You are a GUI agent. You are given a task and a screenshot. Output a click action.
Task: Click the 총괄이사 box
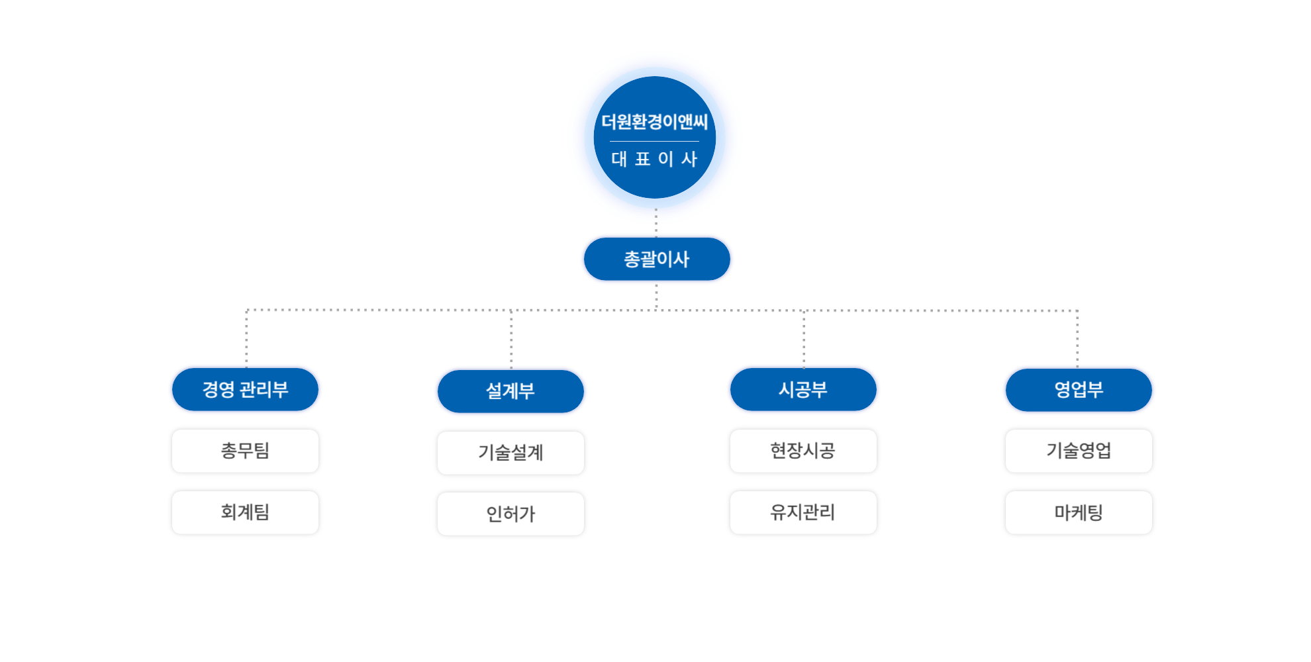pyautogui.click(x=657, y=259)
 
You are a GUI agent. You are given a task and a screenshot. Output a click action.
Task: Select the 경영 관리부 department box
pyautogui.click(x=245, y=389)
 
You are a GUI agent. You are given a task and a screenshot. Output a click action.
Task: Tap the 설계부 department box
pyautogui.click(x=510, y=391)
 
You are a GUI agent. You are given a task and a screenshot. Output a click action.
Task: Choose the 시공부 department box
pyautogui.click(x=803, y=389)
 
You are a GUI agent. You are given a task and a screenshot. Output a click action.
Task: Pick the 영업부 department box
pyautogui.click(x=1079, y=389)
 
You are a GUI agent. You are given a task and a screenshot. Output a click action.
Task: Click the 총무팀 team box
pyautogui.click(x=245, y=451)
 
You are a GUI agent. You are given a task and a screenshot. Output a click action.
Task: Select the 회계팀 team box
pyautogui.click(x=245, y=512)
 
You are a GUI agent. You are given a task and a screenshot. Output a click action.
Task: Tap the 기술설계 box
pyautogui.click(x=510, y=453)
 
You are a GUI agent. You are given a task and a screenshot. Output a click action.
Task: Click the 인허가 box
pyautogui.click(x=510, y=514)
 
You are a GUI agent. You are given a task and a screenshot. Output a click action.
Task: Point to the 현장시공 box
pyautogui.click(x=803, y=451)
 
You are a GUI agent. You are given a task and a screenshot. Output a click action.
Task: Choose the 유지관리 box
pyautogui.click(x=803, y=512)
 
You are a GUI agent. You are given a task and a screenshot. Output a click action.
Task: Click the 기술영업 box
pyautogui.click(x=1079, y=451)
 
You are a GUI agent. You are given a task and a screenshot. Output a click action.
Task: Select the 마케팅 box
pyautogui.click(x=1079, y=512)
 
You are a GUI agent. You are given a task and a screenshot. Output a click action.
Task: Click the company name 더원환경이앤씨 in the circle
pyautogui.click(x=654, y=122)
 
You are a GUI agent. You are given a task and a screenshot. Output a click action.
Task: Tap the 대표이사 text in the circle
pyautogui.click(x=654, y=159)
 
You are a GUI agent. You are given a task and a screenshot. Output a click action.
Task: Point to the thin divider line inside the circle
pyautogui.click(x=654, y=141)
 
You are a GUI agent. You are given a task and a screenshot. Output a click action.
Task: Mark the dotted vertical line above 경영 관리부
pyautogui.click(x=246, y=338)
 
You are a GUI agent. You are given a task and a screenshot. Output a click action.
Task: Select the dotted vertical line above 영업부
pyautogui.click(x=1077, y=338)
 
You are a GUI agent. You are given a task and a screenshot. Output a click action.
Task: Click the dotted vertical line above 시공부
pyautogui.click(x=804, y=338)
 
